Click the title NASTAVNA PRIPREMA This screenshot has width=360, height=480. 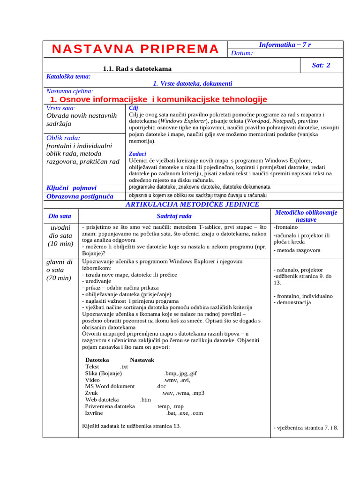point(135,49)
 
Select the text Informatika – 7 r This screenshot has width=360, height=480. point(285,45)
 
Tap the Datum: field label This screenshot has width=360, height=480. point(242,53)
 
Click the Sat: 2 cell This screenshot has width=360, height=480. point(321,65)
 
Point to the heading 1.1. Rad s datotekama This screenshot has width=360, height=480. point(137,68)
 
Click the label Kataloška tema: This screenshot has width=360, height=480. point(68,76)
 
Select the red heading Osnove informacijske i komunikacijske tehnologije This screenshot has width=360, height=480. point(158,99)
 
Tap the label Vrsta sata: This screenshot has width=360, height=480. point(61,108)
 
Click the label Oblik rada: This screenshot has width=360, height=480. point(63,138)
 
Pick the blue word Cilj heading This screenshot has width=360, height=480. point(133,108)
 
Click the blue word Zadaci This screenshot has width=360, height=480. point(137,153)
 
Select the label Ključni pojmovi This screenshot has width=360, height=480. point(71,187)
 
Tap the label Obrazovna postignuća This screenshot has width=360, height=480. point(80,196)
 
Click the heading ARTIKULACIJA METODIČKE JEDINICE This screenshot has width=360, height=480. point(192,204)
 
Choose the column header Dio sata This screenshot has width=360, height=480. point(60,216)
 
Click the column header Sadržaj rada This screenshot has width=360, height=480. point(174,216)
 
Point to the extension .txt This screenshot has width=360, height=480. point(124,367)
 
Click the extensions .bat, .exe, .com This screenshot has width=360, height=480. point(184,413)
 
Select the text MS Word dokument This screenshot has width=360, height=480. point(110,386)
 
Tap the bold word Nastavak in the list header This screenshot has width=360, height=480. point(142,360)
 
